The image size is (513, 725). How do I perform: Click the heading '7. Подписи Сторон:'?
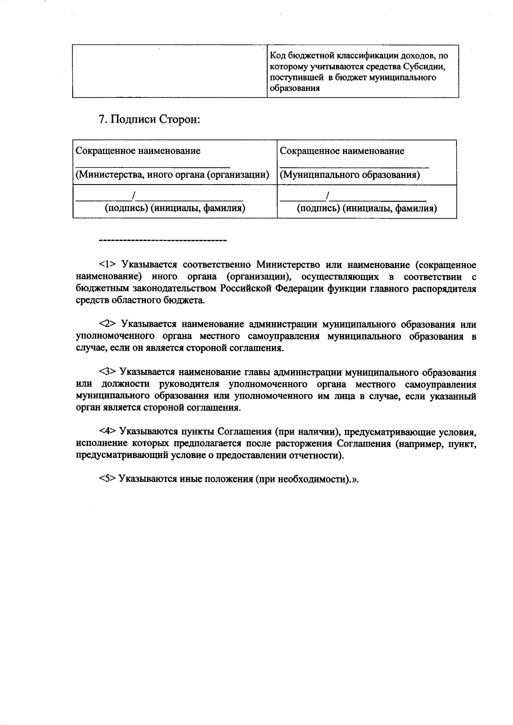[x=149, y=119]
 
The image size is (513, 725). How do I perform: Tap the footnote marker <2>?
[x=107, y=324]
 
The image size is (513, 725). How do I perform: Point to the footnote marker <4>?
[x=107, y=431]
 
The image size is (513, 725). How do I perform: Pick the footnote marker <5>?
[x=107, y=479]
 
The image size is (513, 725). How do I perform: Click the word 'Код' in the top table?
[x=277, y=56]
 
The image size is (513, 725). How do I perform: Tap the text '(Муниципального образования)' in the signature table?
[x=350, y=175]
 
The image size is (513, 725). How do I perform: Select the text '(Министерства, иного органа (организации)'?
[x=172, y=175]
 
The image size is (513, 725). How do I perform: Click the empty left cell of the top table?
[x=170, y=71]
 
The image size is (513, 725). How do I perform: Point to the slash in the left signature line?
[x=134, y=196]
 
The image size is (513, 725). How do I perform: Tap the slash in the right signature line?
[x=327, y=196]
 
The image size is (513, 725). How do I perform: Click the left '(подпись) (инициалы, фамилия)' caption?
[x=175, y=208]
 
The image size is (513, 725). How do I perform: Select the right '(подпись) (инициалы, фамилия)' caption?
[x=367, y=208]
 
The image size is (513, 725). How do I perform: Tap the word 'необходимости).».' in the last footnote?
[x=318, y=479]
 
